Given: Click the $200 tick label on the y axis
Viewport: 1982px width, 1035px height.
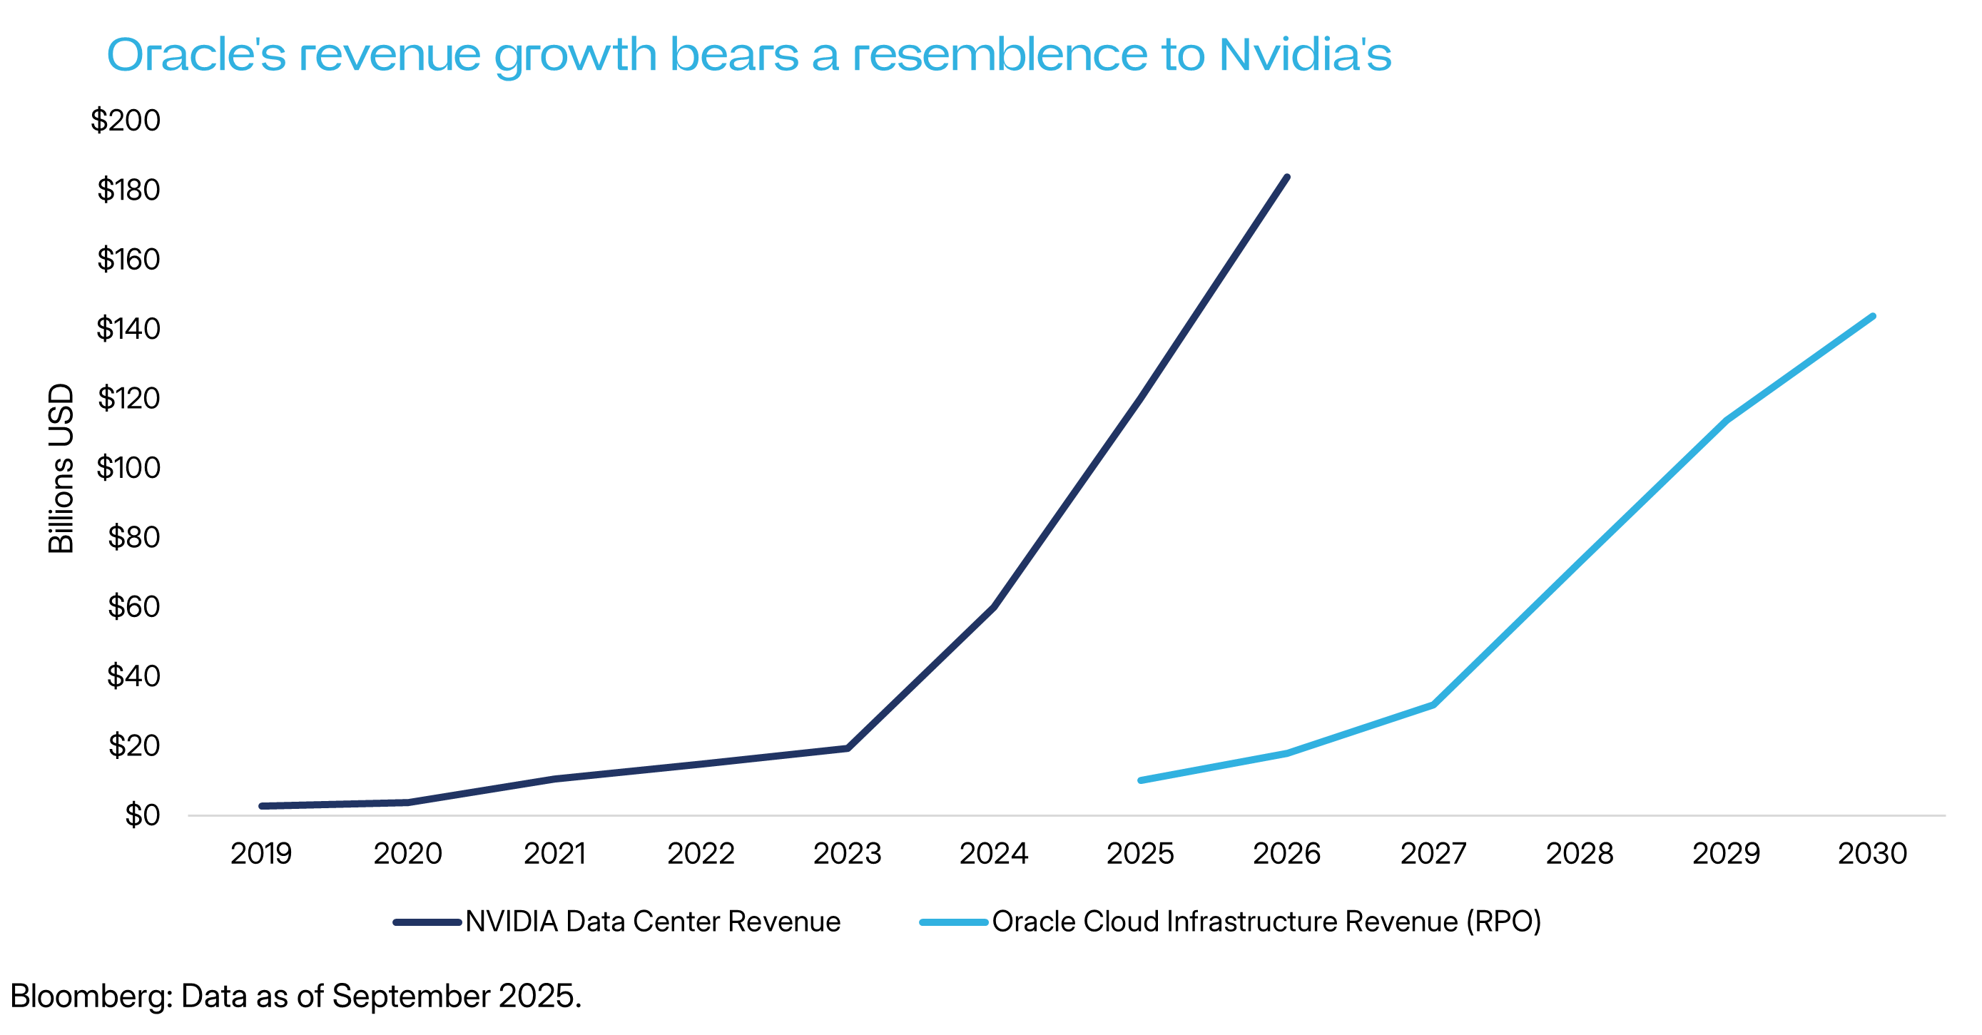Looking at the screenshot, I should point(126,120).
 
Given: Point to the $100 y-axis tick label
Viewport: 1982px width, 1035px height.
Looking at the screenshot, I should point(128,467).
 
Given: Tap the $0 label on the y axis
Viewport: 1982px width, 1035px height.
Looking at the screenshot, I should point(143,814).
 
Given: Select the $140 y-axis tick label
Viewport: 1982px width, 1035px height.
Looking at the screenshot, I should point(128,329).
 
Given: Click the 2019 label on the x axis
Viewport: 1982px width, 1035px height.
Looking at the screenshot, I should point(261,853).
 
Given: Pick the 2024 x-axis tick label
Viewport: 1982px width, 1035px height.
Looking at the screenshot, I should point(993,853).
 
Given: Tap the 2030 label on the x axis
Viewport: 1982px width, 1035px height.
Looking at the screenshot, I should point(1872,853).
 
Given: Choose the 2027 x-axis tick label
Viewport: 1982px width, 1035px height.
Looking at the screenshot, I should point(1433,853).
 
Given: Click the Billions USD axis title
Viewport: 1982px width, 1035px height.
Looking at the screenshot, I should point(61,468).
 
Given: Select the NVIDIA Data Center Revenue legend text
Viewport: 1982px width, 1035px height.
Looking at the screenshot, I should point(652,921).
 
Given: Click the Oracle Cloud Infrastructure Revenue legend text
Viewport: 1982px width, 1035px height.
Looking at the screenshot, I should point(1266,921).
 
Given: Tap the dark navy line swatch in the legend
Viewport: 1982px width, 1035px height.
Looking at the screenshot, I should point(427,922).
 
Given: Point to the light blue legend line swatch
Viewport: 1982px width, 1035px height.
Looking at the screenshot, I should point(953,922).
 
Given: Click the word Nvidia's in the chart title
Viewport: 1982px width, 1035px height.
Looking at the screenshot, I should point(1305,56).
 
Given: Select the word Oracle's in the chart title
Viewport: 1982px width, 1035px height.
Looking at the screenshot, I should point(196,56).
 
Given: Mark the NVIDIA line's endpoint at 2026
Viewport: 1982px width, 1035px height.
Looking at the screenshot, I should point(1287,178).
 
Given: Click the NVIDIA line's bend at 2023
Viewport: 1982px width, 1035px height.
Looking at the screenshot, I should point(847,748).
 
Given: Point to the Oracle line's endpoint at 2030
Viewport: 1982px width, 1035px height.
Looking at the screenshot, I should point(1873,316).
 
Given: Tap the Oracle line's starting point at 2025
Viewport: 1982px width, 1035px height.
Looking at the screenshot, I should point(1140,780).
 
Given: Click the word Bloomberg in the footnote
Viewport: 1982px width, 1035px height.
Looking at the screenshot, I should point(91,996).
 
